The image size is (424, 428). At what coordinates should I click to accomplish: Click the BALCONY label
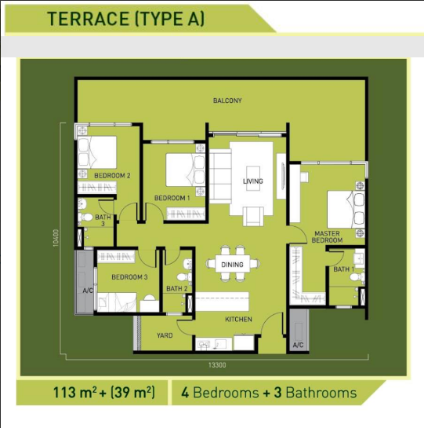coord(227,101)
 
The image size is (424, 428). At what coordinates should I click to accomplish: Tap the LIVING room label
coord(253,181)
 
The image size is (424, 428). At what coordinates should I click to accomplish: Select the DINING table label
coord(232,265)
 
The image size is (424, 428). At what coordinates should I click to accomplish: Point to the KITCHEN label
coord(238,319)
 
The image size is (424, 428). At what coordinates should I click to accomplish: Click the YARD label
coord(165,335)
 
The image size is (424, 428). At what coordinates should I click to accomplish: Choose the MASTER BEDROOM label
coord(327,237)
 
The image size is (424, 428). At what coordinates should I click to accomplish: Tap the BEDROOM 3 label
coord(129,277)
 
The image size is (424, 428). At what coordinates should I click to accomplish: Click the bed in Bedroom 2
coord(97,152)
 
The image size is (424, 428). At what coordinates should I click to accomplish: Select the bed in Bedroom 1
coord(185,170)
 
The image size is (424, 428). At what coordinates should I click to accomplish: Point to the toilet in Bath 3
coord(85,218)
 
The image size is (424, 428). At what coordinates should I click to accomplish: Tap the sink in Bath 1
coord(359,257)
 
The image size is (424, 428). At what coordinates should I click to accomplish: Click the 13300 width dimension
coord(217,365)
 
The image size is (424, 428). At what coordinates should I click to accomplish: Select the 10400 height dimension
coord(56,238)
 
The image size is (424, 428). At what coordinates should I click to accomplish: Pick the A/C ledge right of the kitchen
coord(299,331)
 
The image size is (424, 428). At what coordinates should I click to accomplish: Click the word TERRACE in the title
coord(89,19)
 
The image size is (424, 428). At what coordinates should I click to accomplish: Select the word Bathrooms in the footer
coord(321,393)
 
